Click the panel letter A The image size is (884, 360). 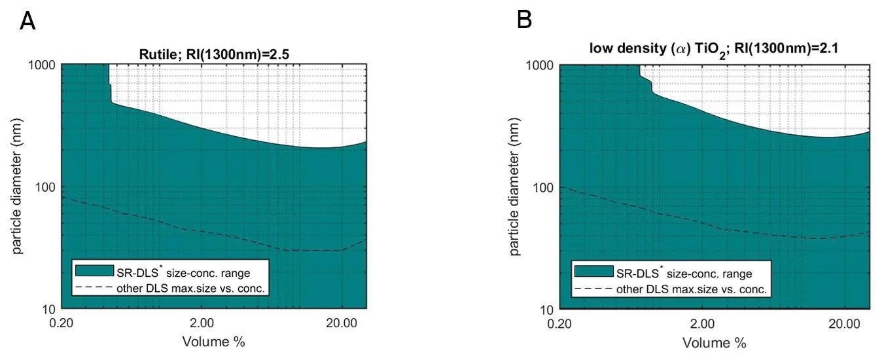(x=27, y=21)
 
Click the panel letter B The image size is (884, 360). (x=525, y=21)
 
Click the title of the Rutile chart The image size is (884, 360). (x=213, y=54)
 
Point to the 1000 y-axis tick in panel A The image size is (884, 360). (x=43, y=65)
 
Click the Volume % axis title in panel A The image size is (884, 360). (x=213, y=341)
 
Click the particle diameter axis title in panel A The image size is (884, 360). (x=18, y=187)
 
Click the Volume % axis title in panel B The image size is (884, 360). (x=715, y=342)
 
